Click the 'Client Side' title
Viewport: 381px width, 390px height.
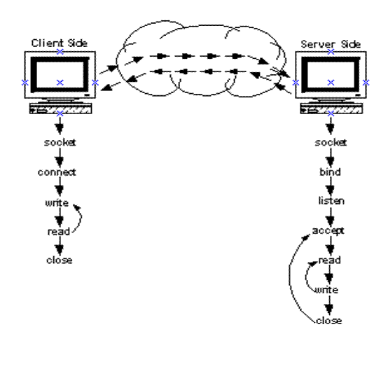tap(60, 43)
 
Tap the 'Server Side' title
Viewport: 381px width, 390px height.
tap(331, 44)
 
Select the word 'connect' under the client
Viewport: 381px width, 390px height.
tap(57, 172)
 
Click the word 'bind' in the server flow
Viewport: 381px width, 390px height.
tap(331, 172)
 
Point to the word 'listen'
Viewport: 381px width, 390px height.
tap(331, 201)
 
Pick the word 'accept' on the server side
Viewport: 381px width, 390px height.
tap(328, 231)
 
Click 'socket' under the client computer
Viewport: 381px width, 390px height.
tap(60, 143)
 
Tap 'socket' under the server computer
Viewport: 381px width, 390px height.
tap(331, 143)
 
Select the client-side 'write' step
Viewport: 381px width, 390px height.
tap(57, 203)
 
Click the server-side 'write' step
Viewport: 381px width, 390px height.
tap(326, 290)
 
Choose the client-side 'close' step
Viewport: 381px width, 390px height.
tap(60, 260)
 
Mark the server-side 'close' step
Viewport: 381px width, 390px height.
tap(329, 321)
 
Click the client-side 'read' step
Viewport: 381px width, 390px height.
tap(59, 232)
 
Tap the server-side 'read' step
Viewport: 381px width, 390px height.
tap(329, 260)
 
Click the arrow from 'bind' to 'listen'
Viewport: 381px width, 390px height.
tap(331, 186)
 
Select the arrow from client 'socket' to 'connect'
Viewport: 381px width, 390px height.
tap(60, 158)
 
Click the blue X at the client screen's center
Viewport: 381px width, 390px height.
tap(60, 83)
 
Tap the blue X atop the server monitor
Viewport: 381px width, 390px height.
tap(331, 52)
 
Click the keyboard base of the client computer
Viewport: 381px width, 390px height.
tap(61, 109)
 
